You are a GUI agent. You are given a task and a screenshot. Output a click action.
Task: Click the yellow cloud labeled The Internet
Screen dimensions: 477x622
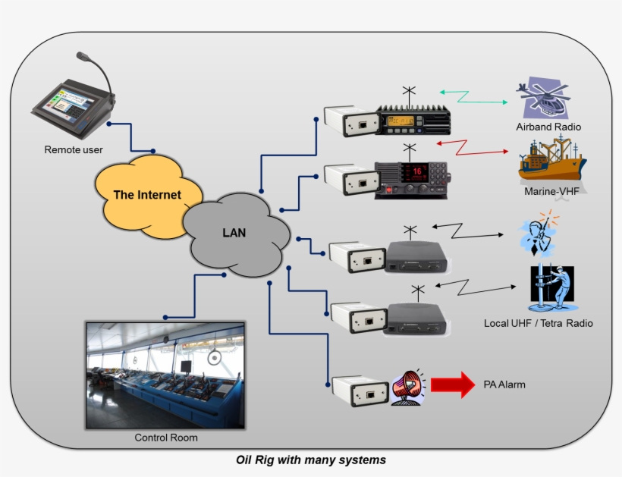148,195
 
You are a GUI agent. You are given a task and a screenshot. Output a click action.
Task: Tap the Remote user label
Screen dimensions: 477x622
74,150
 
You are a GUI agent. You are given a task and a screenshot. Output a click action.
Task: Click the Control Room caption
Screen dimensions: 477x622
165,438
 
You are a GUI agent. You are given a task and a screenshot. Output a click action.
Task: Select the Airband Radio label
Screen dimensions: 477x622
548,127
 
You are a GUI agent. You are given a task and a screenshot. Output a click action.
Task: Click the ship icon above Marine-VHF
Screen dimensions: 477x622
551,160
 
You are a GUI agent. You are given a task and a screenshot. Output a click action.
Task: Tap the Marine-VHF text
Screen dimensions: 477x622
551,191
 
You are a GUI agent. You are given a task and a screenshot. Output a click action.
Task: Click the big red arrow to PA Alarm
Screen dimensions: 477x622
453,384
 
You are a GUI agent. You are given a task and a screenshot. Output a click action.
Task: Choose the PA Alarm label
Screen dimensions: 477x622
504,385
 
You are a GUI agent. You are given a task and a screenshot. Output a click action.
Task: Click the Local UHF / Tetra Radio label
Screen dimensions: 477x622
538,324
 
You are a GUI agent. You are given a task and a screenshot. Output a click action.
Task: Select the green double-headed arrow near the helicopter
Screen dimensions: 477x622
473,96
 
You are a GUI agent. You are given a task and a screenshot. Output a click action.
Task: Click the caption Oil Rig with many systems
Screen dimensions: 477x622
311,460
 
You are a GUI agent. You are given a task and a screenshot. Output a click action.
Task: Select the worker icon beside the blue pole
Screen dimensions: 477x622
552,289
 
